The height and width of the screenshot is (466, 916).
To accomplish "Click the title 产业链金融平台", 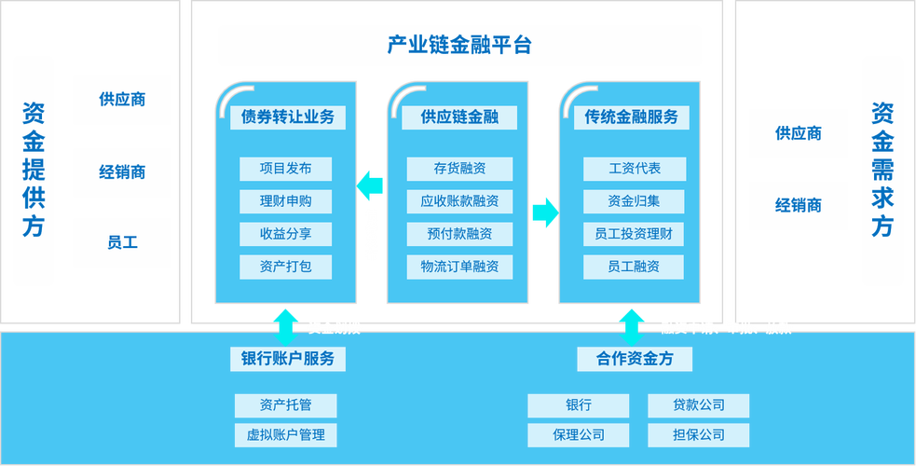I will pyautogui.click(x=458, y=45).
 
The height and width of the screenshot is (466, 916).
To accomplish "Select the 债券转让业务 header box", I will pyautogui.click(x=287, y=117).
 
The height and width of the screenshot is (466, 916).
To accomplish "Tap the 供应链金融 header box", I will pyautogui.click(x=458, y=117).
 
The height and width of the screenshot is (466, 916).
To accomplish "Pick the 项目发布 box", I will pyautogui.click(x=285, y=169).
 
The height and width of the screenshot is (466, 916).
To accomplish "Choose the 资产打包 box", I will pyautogui.click(x=285, y=267).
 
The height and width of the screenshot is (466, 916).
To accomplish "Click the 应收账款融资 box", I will pyautogui.click(x=459, y=201).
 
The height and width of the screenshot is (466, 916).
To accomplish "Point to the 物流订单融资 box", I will pyautogui.click(x=459, y=267).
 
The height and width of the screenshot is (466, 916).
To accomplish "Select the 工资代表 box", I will pyautogui.click(x=634, y=169).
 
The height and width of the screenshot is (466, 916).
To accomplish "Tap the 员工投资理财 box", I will pyautogui.click(x=634, y=234).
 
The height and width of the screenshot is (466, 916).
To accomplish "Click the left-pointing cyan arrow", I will pyautogui.click(x=370, y=185).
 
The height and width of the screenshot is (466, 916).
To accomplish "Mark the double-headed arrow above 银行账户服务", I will pyautogui.click(x=286, y=325).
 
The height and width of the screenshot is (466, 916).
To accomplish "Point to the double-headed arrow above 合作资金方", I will pyautogui.click(x=632, y=325).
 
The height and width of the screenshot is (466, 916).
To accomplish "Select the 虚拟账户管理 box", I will pyautogui.click(x=285, y=435).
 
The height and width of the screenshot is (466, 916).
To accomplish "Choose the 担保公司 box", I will pyautogui.click(x=698, y=435).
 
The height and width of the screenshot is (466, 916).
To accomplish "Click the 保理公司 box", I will pyautogui.click(x=578, y=435).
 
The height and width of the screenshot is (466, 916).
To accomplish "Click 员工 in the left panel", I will pyautogui.click(x=122, y=243).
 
